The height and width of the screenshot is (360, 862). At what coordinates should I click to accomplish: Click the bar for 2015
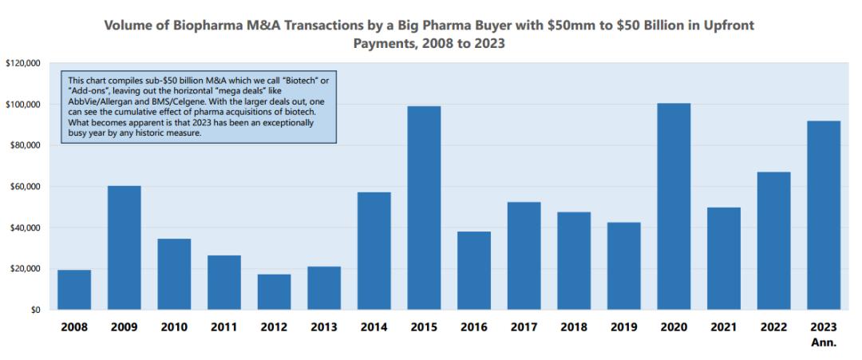click(x=424, y=208)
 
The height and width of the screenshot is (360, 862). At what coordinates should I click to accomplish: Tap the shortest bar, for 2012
click(x=274, y=292)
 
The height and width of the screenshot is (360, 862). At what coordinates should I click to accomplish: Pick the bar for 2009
click(x=124, y=247)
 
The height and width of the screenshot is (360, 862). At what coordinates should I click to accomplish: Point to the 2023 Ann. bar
click(x=823, y=215)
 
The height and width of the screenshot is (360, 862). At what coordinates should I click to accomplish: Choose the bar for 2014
click(x=374, y=251)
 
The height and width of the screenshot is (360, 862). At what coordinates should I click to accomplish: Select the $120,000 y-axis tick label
click(x=23, y=63)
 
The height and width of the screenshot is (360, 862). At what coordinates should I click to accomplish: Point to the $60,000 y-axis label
click(x=26, y=187)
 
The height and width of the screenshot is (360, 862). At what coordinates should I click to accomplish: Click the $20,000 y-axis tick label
click(x=26, y=269)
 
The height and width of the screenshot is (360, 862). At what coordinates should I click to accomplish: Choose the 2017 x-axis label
click(x=524, y=327)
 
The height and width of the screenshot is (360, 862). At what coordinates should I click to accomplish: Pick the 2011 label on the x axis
click(x=224, y=327)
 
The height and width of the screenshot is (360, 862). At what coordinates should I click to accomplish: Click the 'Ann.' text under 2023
click(x=824, y=342)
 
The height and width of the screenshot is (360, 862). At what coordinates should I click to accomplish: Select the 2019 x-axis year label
click(x=623, y=327)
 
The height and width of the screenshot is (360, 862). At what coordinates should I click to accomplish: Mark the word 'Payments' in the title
click(x=386, y=45)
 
